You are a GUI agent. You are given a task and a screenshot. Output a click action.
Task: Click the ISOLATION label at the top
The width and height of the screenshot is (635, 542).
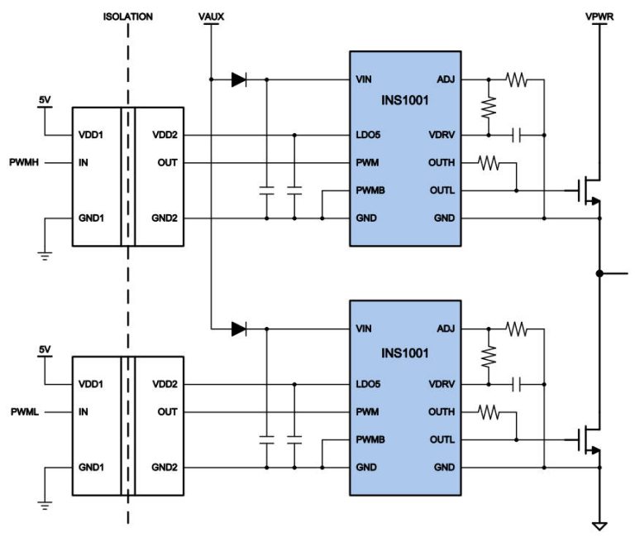tap(128, 17)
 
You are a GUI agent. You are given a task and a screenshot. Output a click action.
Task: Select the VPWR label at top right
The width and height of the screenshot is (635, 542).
tap(597, 17)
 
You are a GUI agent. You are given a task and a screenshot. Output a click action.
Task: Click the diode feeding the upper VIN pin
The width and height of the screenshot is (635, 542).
tap(239, 80)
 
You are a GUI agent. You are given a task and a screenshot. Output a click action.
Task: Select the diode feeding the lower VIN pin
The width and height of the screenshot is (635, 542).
tap(239, 329)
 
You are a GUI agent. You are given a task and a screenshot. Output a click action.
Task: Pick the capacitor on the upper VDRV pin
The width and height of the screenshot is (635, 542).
tap(516, 134)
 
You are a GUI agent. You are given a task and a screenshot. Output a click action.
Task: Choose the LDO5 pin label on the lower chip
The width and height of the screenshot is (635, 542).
tap(368, 384)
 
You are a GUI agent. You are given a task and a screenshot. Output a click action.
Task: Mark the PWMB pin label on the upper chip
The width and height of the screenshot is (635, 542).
tap(370, 190)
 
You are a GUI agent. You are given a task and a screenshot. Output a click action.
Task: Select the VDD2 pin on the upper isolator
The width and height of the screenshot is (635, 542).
tap(165, 135)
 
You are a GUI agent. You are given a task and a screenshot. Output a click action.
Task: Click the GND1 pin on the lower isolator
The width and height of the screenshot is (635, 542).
tap(90, 467)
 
